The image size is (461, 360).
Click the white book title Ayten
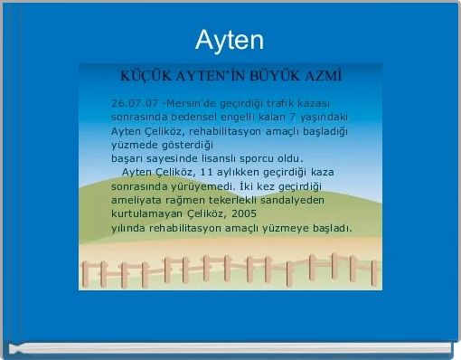tap(230, 40)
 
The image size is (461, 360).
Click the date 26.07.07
tap(133, 101)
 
